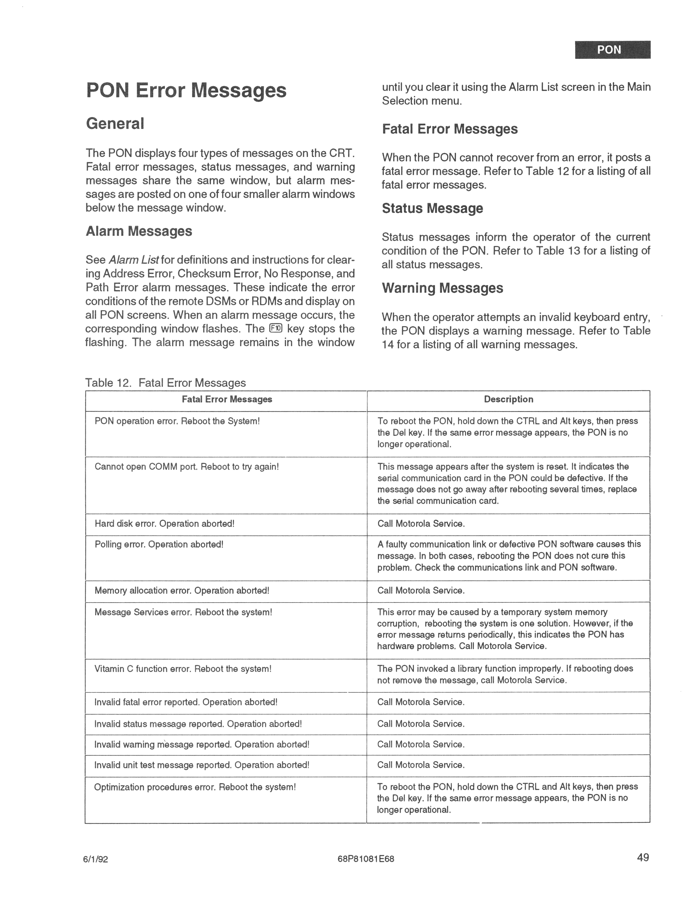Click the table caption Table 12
165,383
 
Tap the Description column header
508,399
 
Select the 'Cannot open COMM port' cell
187,467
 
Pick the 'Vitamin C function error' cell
183,669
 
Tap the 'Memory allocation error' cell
182,591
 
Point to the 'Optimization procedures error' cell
195,787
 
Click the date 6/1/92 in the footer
95,859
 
